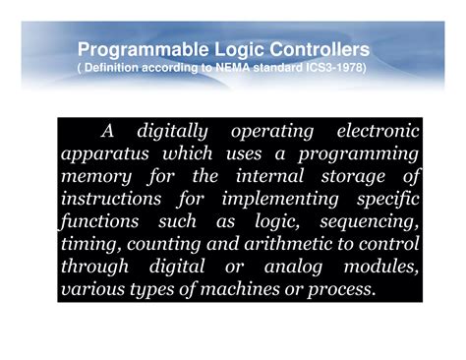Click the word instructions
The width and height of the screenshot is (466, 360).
coord(111,200)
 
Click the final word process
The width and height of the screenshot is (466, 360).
coord(341,290)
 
